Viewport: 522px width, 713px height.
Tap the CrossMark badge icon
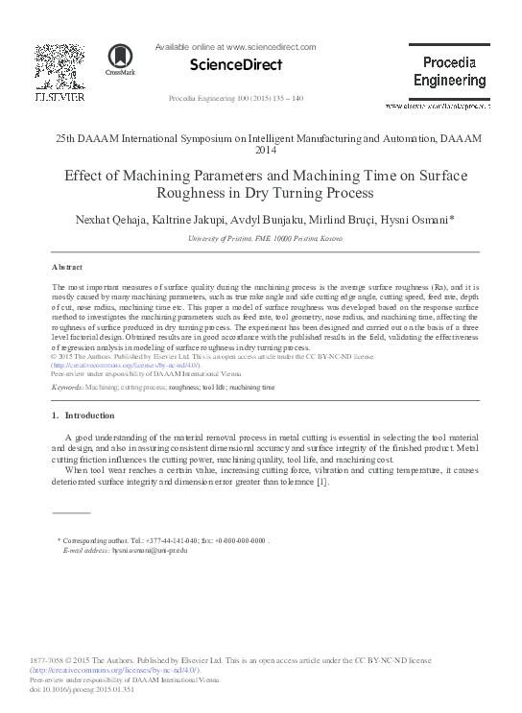point(120,59)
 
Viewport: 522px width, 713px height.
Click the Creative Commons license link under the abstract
point(126,365)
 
